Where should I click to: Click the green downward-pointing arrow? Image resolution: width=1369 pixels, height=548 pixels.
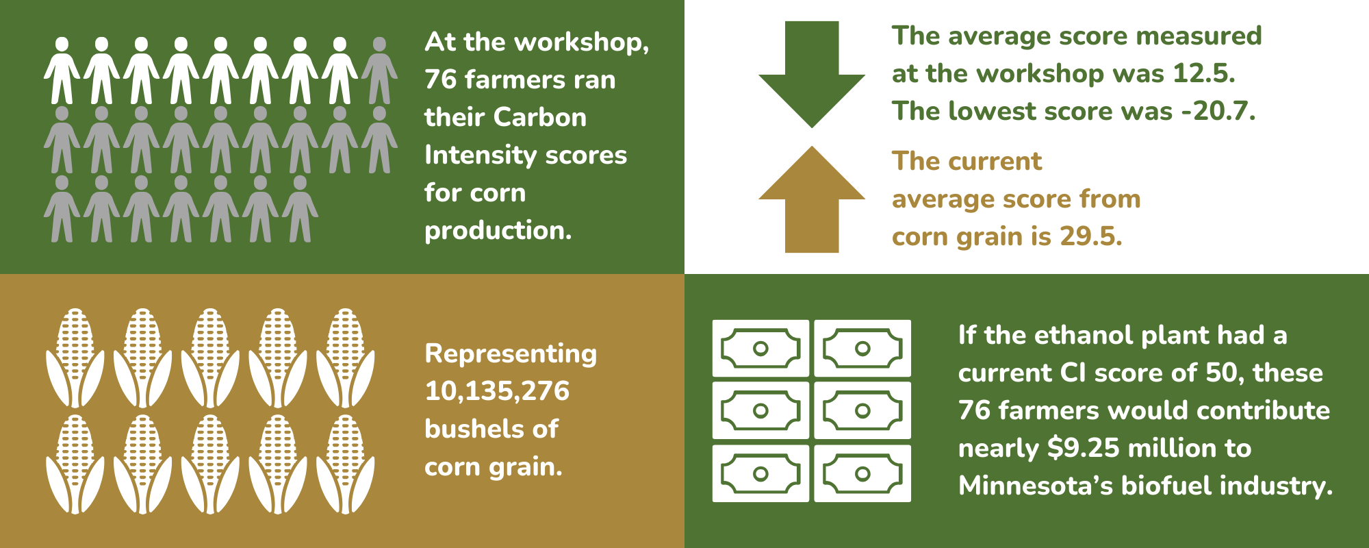812,75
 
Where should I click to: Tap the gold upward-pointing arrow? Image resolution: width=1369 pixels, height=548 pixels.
812,202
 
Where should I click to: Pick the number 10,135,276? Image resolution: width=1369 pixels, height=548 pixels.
497,391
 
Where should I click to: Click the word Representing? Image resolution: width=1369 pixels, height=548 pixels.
511,353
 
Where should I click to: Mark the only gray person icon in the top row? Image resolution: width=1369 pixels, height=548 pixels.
379,71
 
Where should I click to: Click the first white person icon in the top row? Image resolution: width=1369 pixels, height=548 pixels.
62,71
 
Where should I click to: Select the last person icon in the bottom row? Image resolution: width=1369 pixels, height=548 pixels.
300,209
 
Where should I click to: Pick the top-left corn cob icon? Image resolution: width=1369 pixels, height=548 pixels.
75,358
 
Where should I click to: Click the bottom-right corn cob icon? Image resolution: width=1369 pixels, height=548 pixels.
345,464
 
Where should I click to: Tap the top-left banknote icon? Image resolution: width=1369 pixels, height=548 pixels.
760,349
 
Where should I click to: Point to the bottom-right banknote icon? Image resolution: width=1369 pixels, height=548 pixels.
862,473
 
